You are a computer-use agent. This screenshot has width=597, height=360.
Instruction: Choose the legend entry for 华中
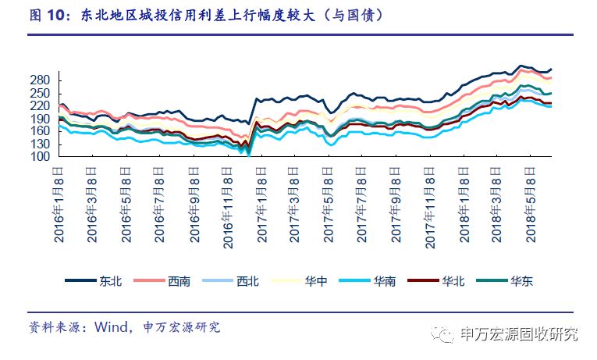pyautogui.click(x=301, y=282)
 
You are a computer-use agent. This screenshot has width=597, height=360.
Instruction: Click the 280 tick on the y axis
pyautogui.click(x=41, y=80)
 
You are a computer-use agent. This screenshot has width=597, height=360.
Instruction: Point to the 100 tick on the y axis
pyautogui.click(x=41, y=157)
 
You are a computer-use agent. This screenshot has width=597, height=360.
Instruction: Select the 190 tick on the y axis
pyautogui.click(x=41, y=119)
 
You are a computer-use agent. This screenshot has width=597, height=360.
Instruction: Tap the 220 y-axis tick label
pyautogui.click(x=41, y=105)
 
